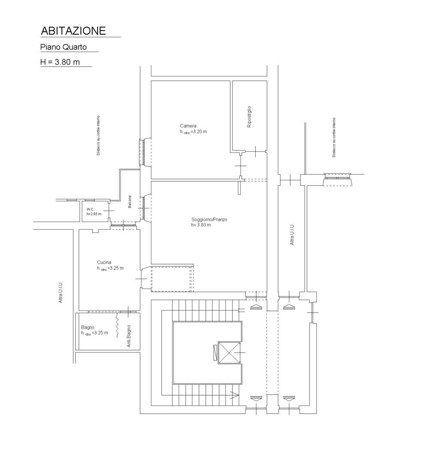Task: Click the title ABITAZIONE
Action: point(73,31)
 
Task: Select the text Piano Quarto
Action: point(63,47)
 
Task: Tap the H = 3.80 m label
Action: point(60,62)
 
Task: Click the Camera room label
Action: point(188,126)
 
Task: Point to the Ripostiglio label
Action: point(249,117)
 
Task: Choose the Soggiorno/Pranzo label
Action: point(209,219)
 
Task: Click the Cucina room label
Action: point(104,262)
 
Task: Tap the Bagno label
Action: point(87,327)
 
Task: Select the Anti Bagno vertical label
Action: point(129,336)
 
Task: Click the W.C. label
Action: point(90,209)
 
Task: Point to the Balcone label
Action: point(129,201)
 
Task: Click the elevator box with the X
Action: point(229,353)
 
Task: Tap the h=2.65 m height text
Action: point(94,214)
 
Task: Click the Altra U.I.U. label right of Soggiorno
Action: point(292,234)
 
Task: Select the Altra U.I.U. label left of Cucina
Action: point(60,292)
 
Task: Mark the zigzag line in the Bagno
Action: point(117,325)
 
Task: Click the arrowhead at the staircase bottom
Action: point(235,396)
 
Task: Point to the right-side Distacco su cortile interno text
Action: point(334,137)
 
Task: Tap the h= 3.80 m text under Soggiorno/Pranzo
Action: point(201,225)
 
